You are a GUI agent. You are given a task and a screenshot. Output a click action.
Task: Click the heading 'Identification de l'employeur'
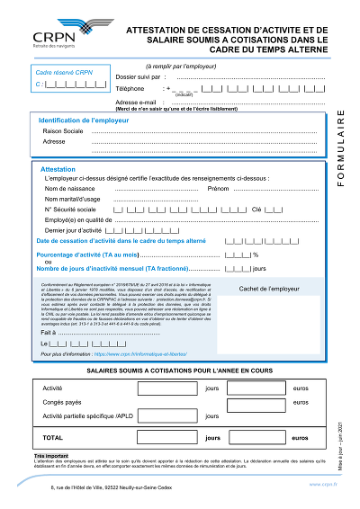86,121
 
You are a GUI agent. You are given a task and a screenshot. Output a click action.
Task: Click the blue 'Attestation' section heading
58,168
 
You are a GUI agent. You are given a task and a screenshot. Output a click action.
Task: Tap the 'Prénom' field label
219,189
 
